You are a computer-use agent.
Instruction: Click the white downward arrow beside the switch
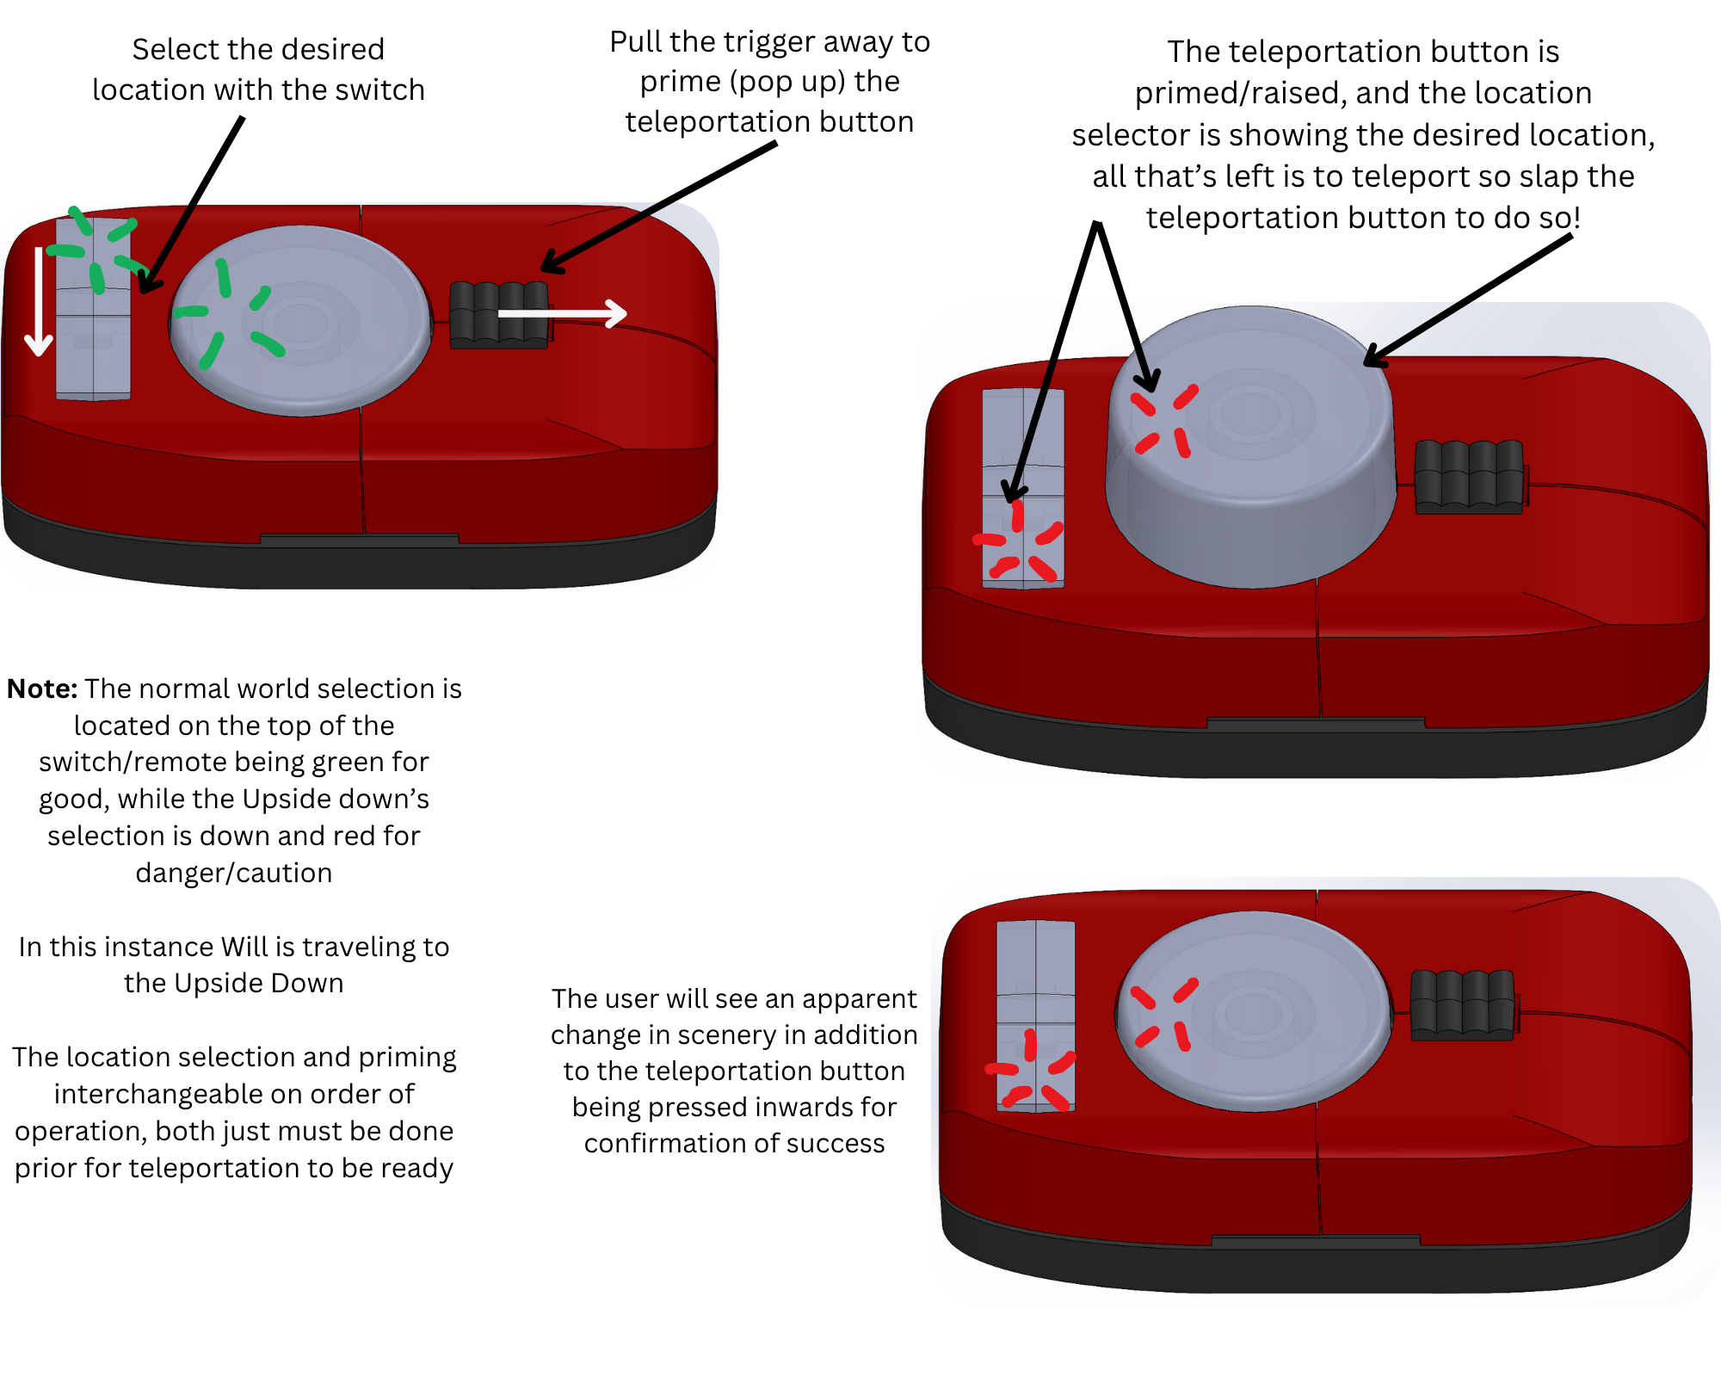[x=39, y=301]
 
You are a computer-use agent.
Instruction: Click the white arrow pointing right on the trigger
[x=564, y=313]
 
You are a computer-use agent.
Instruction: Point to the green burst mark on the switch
[x=96, y=250]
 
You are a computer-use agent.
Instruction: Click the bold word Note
[x=42, y=689]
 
